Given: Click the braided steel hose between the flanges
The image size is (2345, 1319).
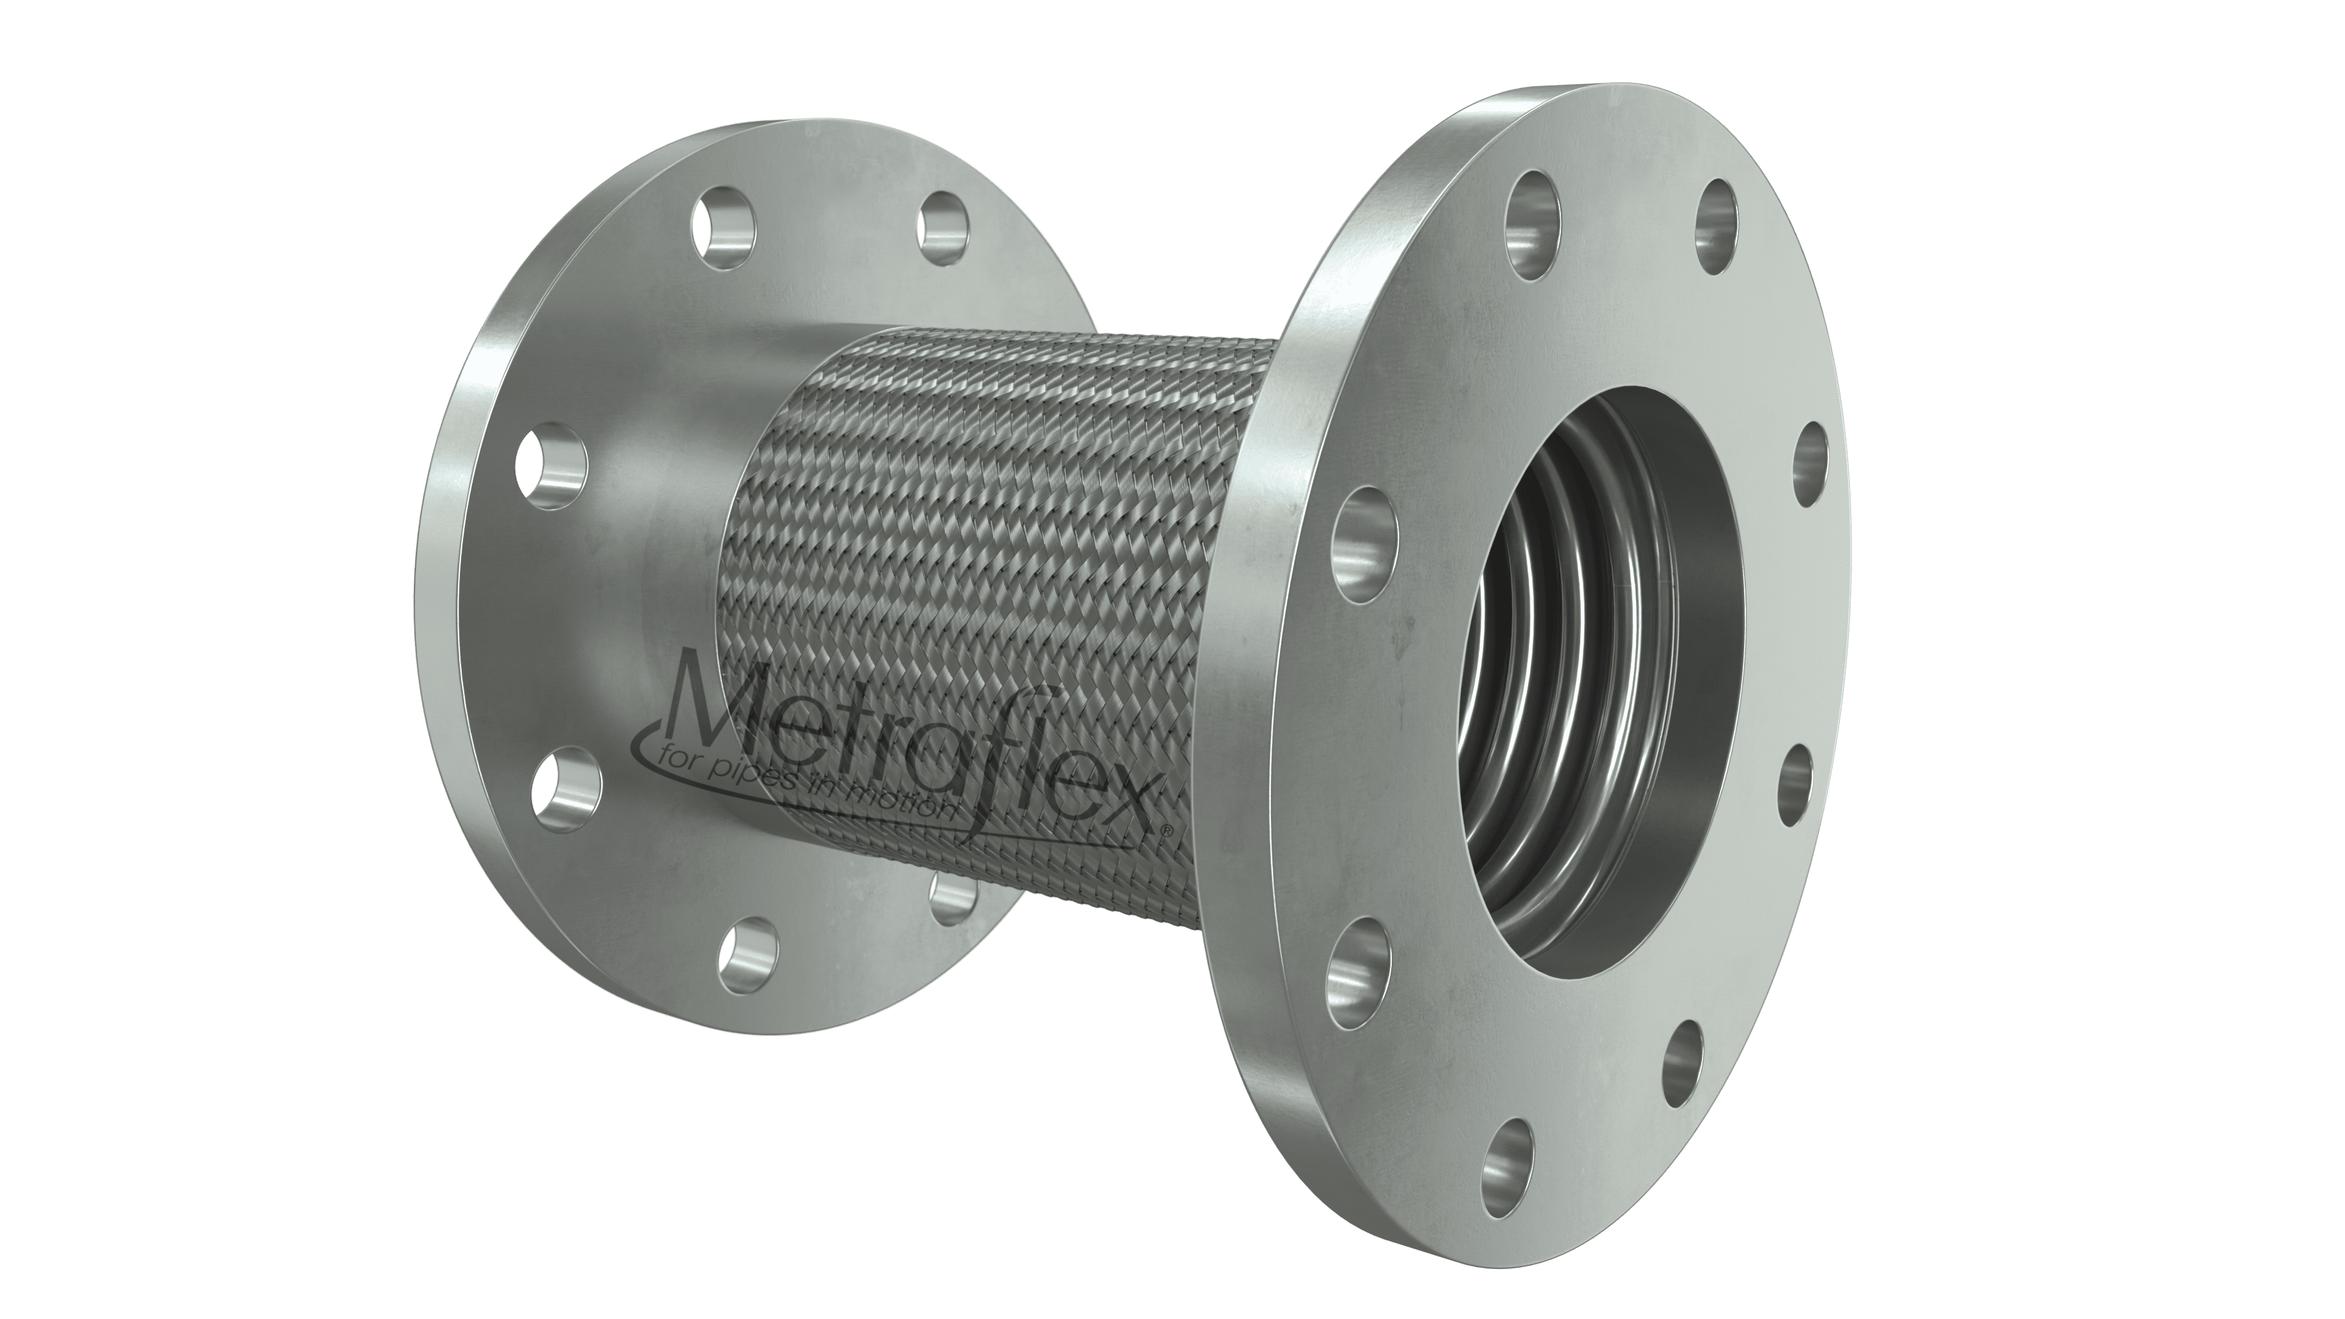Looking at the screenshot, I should click(1002, 546).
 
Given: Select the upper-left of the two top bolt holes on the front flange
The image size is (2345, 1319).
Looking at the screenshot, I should click(1535, 235).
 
